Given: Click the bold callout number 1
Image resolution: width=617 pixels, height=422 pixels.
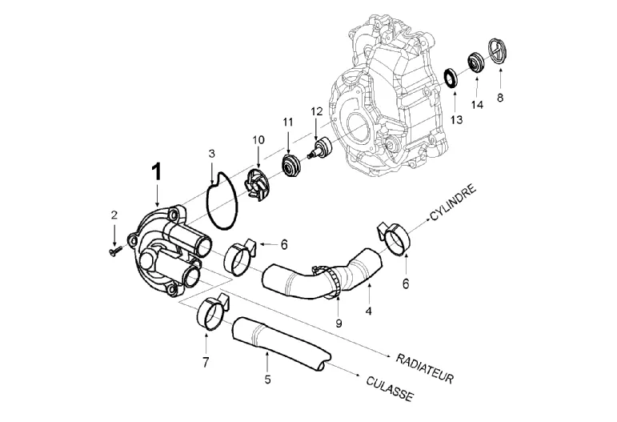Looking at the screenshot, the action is click(157, 172).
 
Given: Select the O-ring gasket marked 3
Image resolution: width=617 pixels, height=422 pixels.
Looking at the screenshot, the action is click(222, 200).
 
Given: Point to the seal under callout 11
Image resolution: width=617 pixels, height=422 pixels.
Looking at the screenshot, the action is click(291, 166).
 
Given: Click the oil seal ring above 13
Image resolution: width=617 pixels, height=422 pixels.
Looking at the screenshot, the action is click(451, 78).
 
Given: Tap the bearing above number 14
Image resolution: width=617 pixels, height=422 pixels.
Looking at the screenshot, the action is click(475, 62).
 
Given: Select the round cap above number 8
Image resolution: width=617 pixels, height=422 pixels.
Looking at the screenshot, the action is click(499, 50).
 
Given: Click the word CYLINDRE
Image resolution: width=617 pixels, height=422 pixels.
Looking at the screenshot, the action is click(453, 203).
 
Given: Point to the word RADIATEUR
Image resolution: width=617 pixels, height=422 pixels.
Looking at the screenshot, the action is click(425, 368).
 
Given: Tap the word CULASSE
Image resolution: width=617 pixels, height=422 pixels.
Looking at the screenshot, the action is click(390, 389).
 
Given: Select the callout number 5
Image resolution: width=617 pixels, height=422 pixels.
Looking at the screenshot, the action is click(267, 380).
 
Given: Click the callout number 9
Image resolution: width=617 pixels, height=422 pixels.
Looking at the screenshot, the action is click(339, 324).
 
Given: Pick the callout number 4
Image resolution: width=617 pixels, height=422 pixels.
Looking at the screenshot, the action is click(368, 311).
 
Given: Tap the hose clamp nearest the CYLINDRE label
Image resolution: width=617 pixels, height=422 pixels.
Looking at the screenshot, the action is click(394, 237).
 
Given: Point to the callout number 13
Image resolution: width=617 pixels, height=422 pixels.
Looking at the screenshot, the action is click(456, 119).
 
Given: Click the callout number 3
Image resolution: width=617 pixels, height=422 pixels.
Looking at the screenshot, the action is click(212, 154).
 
